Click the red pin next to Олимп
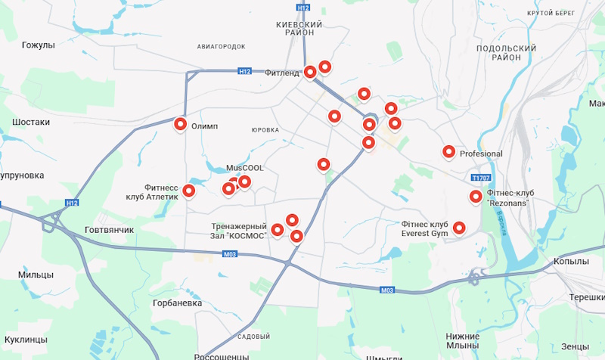click(181, 124)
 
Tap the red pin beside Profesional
click(448, 152)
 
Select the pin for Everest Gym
click(458, 227)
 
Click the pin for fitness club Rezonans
click(476, 197)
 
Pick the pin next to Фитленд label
click(310, 72)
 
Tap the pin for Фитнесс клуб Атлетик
click(189, 191)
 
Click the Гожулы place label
click(39, 45)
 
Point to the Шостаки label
click(31, 122)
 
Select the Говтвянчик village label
click(109, 229)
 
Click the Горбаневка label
click(177, 303)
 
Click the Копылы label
click(571, 261)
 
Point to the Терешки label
click(586, 298)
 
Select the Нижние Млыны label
click(463, 340)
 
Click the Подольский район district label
click(506, 53)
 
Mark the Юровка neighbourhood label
click(265, 130)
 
